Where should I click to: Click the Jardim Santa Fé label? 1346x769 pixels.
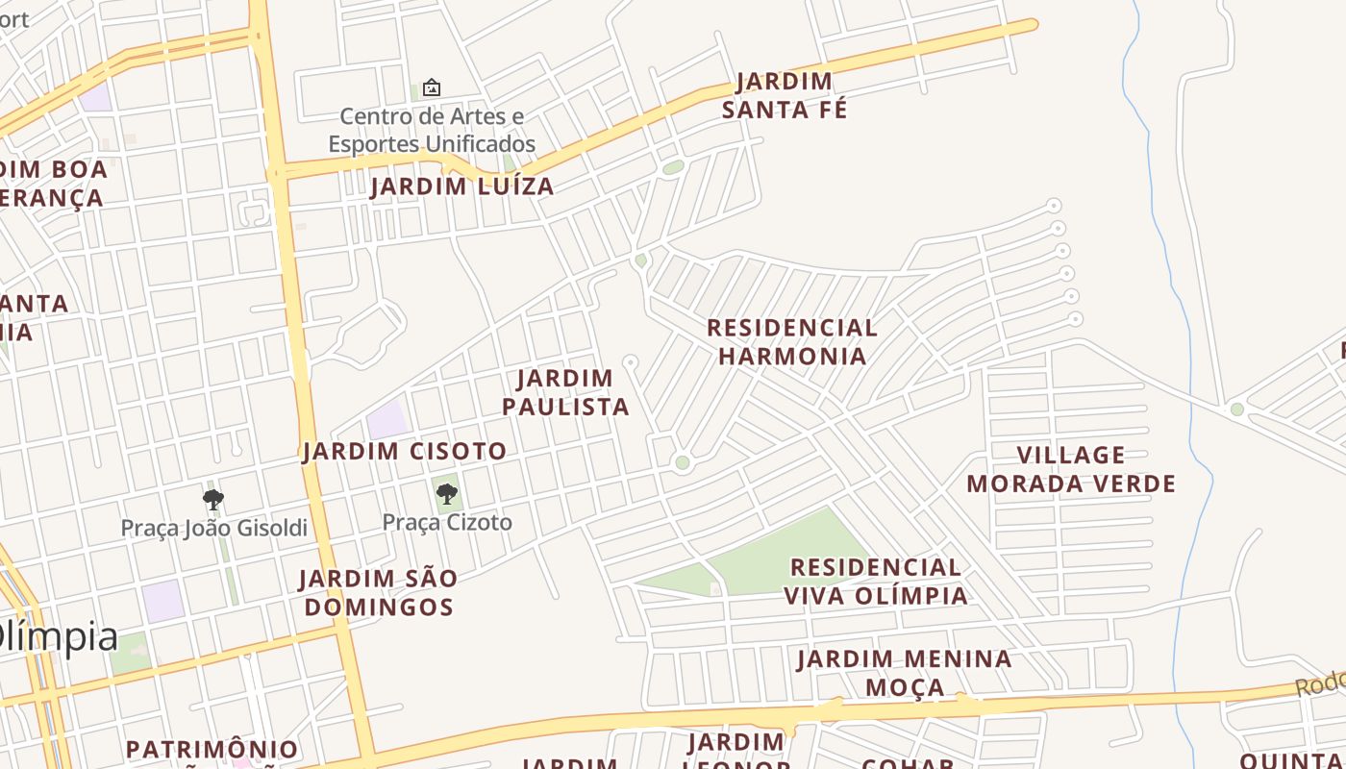785,95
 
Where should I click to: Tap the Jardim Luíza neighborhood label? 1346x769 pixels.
462,186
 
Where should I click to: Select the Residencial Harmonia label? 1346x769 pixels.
792,341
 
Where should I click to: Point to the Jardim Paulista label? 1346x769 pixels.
565,392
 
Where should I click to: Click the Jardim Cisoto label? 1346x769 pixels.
405,451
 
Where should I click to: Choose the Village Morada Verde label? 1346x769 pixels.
1071,469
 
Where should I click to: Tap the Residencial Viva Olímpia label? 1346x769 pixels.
875,582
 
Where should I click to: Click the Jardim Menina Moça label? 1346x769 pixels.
904,673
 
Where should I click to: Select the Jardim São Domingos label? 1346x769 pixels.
377,593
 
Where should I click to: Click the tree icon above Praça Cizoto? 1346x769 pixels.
446,494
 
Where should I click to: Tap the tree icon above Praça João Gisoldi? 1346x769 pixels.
213,499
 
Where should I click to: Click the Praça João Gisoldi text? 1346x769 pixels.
213,528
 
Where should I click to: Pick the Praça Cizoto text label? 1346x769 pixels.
447,523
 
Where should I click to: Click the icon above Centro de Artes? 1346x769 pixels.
432,87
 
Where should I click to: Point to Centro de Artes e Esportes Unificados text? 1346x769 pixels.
432,131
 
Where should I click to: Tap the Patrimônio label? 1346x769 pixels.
212,749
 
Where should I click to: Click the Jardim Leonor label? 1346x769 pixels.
736,750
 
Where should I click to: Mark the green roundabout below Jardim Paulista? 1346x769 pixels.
683,463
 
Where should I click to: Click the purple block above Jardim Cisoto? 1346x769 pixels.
388,420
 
